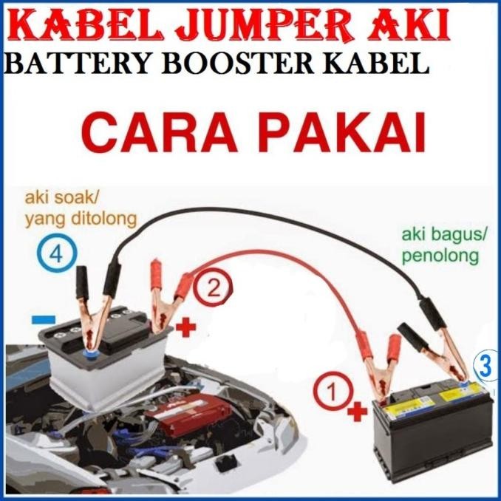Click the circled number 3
click(485, 364)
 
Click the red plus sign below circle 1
click(357, 411)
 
